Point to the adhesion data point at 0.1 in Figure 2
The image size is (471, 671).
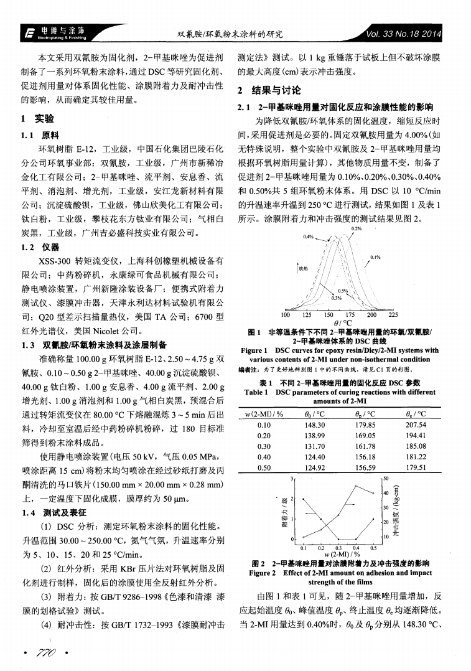(x=304, y=499)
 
